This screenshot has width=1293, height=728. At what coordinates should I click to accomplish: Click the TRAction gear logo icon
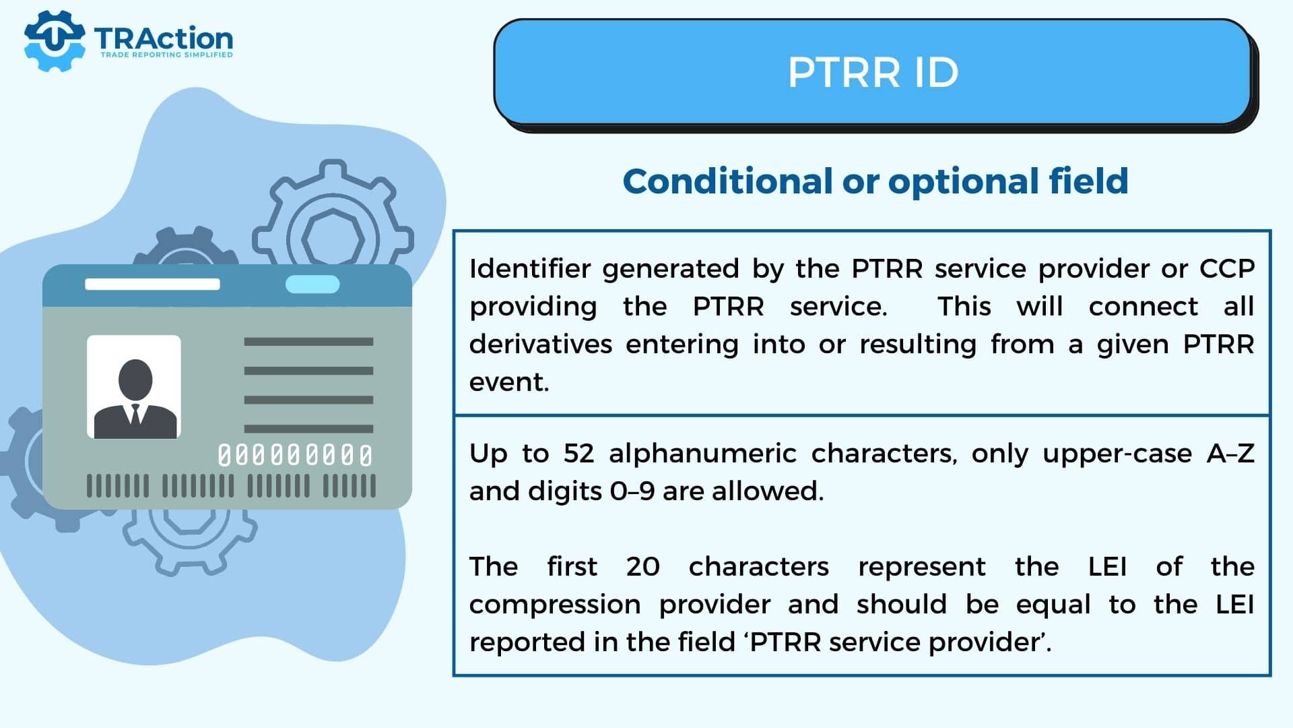pos(54,40)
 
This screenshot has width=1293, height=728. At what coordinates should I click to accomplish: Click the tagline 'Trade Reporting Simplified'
pos(166,55)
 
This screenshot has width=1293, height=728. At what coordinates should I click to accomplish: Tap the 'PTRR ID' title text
pos(873,72)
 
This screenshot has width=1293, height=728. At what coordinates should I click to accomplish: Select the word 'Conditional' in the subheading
pos(727,181)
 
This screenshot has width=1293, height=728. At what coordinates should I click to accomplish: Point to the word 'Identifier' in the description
pos(530,268)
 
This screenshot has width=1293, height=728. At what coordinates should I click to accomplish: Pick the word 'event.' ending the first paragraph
pos(509,382)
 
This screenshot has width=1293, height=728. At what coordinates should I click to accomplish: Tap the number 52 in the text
pos(578,454)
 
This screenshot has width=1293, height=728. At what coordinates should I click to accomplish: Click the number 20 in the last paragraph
pos(642,567)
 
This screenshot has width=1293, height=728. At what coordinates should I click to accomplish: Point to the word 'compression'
pos(555,605)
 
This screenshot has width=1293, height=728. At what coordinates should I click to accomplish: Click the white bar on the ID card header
pos(152,284)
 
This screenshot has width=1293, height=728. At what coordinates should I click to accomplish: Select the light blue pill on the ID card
pos(312,284)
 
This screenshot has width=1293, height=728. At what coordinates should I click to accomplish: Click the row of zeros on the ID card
pos(295,456)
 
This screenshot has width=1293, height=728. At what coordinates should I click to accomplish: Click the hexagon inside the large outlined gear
pos(333,239)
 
